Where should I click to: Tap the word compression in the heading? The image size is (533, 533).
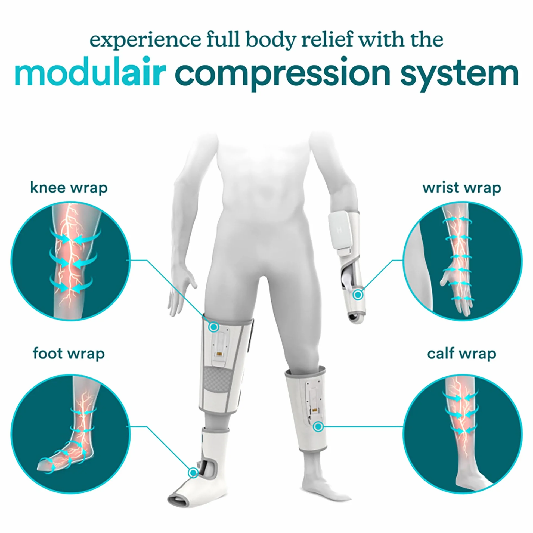tap(283, 74)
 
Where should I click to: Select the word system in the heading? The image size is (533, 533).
tap(460, 75)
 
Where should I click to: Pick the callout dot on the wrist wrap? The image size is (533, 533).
tap(358, 295)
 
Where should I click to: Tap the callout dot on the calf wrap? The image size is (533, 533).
tap(318, 427)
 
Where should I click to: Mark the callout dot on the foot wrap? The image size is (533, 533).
tap(193, 473)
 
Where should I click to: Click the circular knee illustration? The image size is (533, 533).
tap(70, 261)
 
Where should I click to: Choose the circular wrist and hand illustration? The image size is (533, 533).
tap(463, 261)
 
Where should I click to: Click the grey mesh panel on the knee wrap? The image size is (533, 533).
tap(218, 380)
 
